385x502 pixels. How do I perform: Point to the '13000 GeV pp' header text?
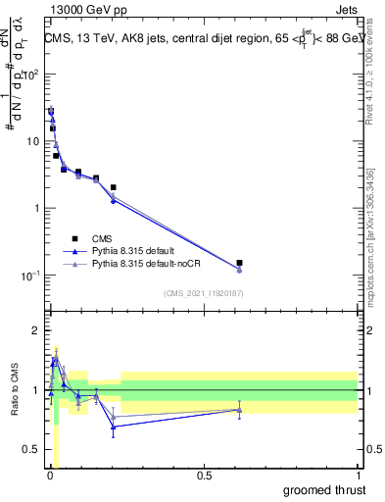pyautogui.click(x=86, y=9)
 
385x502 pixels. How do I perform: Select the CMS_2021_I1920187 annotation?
pyautogui.click(x=203, y=292)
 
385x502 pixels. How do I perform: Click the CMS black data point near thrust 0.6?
pyautogui.click(x=239, y=263)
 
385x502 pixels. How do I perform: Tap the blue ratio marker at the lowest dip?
pyautogui.click(x=114, y=426)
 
